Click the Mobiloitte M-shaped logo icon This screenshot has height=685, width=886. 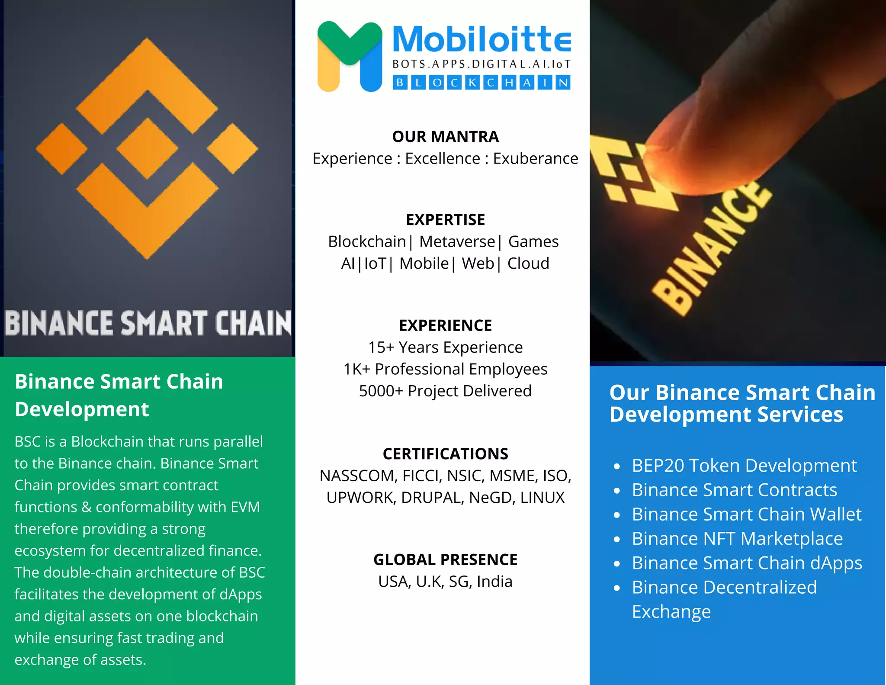350,56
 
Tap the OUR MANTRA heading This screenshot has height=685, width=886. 445,137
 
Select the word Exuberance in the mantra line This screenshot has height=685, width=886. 535,159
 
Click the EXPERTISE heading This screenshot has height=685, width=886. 445,220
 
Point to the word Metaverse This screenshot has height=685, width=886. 457,241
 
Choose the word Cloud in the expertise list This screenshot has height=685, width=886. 528,264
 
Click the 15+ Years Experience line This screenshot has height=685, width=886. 445,347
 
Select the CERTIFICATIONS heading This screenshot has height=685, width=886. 445,454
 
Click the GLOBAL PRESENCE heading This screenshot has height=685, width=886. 445,560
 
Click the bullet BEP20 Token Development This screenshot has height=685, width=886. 744,466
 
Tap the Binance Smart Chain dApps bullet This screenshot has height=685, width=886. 747,563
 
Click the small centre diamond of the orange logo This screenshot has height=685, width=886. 148,148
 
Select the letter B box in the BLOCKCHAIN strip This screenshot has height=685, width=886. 400,82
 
